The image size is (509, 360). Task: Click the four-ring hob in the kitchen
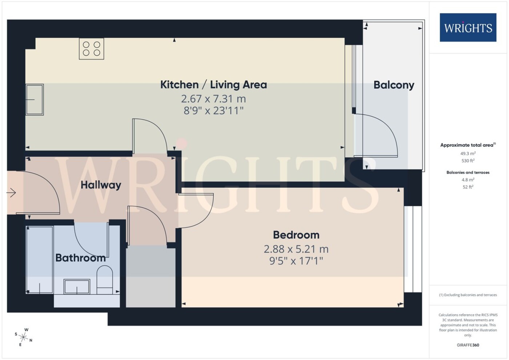(x=91, y=49)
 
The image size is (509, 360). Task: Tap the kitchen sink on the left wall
(x=35, y=100)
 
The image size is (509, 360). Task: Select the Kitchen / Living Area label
(x=214, y=85)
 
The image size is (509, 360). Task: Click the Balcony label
(x=394, y=85)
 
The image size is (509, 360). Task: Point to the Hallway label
(x=101, y=185)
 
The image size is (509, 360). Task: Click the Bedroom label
(x=296, y=235)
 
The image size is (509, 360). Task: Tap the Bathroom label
(x=80, y=258)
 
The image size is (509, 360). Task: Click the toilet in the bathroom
(x=105, y=280)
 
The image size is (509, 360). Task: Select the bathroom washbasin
(x=77, y=287)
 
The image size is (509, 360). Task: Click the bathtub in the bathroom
(x=40, y=260)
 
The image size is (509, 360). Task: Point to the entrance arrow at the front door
(x=11, y=193)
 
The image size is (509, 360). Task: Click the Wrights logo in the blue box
(x=468, y=28)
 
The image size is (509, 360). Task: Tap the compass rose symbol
(x=23, y=337)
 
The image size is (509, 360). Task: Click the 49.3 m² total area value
(x=468, y=153)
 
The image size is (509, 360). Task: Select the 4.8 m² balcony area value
(x=468, y=179)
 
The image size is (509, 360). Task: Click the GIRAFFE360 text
(x=468, y=345)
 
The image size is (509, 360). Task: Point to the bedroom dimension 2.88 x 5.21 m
(x=296, y=249)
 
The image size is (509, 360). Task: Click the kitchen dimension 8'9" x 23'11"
(x=214, y=110)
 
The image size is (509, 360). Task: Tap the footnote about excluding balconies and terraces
(x=468, y=295)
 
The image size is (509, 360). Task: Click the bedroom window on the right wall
(x=413, y=249)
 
